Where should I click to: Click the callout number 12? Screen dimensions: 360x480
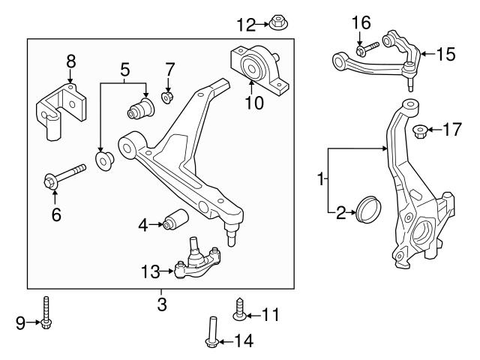coord(246,25)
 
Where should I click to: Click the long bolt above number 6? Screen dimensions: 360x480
coord(64,178)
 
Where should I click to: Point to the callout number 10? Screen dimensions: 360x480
coord(254,103)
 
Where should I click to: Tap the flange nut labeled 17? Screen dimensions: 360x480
coord(421,133)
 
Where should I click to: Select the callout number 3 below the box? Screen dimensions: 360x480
coord(162,305)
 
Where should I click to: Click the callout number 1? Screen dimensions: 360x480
coord(322,180)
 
